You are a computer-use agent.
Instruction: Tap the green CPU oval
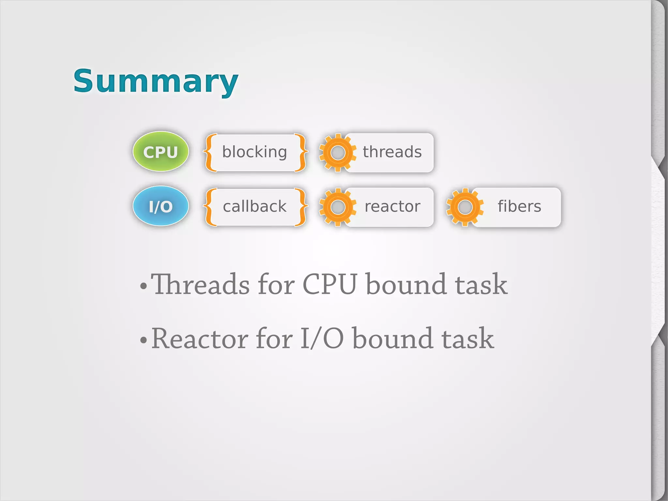coord(160,152)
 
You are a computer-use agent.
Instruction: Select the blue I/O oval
coord(160,206)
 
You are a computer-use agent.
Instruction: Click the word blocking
coord(254,152)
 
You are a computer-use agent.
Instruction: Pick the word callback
coord(254,206)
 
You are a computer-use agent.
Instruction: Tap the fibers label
coord(519,206)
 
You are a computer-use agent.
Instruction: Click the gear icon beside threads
coord(338,153)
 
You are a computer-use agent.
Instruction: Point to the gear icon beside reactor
coord(338,207)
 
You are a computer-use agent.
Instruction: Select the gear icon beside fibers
coord(465,207)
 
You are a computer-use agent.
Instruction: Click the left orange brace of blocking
coord(209,152)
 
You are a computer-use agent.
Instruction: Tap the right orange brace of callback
coord(300,207)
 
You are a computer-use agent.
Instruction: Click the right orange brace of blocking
coord(300,152)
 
